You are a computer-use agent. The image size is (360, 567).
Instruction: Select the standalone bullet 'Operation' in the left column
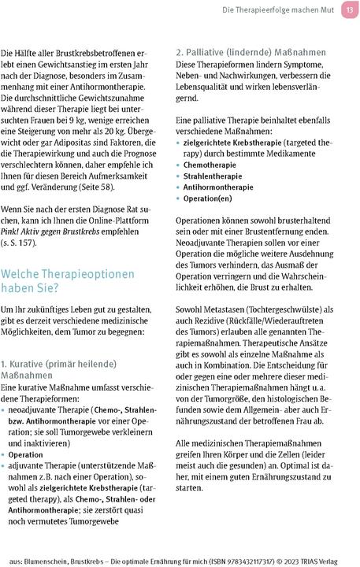click(26, 455)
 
